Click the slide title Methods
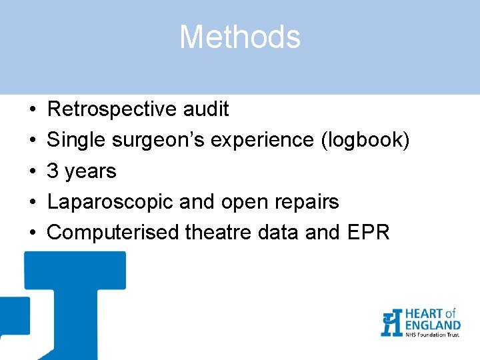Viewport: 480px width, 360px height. coord(240,37)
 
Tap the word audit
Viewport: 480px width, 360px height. coord(207,109)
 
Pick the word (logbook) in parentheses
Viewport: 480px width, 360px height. coord(365,140)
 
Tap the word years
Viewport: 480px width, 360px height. coord(89,171)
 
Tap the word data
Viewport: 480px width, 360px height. coord(277,233)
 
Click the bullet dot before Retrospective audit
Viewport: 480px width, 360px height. coord(32,109)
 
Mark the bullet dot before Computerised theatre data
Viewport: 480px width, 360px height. coord(32,233)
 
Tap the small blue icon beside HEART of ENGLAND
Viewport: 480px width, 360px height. coord(391,323)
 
